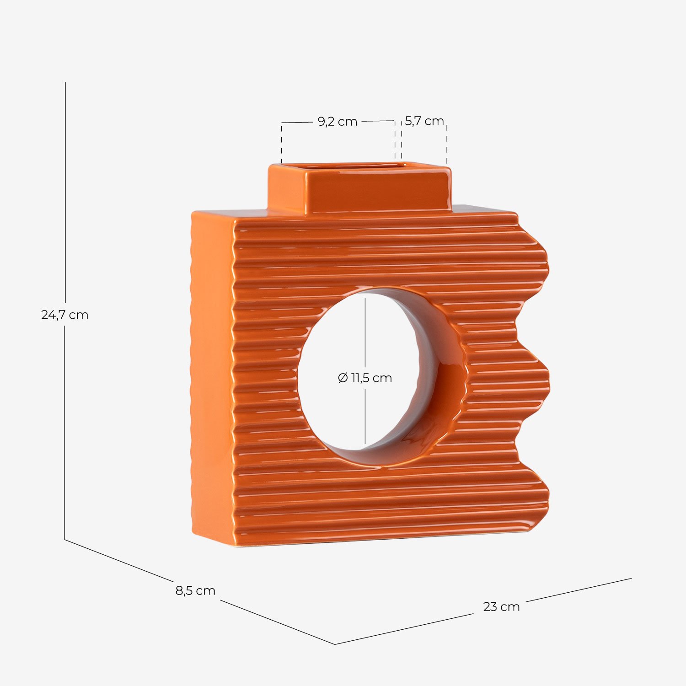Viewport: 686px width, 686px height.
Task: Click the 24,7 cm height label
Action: point(64,315)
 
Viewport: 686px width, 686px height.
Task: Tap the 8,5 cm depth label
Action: point(195,590)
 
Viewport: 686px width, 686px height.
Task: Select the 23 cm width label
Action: point(501,606)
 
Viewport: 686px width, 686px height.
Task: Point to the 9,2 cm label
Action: point(338,122)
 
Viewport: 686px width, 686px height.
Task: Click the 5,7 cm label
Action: point(424,121)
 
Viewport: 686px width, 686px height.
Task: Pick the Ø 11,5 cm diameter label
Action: point(365,378)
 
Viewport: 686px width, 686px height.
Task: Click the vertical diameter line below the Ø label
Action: point(365,416)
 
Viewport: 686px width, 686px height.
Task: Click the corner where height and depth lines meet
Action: point(64,540)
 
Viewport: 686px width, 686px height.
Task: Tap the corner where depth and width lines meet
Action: point(335,644)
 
